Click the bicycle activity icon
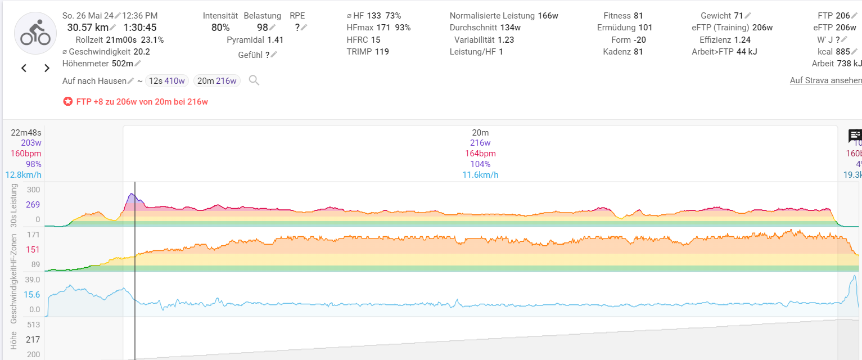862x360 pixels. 35,33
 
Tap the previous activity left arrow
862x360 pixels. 24,68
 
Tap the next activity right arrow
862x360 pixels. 47,68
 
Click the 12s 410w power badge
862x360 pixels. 167,81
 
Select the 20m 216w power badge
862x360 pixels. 216,81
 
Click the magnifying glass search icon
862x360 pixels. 254,80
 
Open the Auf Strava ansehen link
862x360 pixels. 825,80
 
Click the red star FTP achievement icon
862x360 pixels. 68,102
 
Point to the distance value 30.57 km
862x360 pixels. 88,28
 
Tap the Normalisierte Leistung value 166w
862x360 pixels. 548,16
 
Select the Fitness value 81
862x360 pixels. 638,16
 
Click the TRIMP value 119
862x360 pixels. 382,52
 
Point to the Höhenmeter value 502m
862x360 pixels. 121,64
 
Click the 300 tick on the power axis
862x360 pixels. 33,190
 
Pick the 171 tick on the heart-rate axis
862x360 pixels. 33,235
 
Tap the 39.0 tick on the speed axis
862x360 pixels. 33,280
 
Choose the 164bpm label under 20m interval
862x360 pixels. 480,154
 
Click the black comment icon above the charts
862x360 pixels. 854,136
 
